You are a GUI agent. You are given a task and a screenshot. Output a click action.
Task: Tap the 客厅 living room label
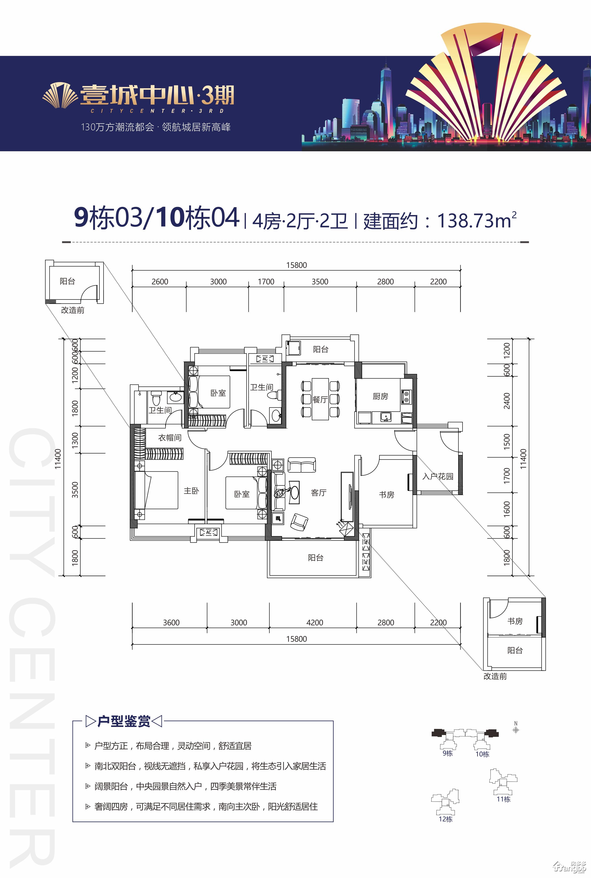[319, 493]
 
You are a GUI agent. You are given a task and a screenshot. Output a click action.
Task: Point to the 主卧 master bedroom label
[191, 491]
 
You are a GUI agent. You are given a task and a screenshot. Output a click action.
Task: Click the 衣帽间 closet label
[170, 437]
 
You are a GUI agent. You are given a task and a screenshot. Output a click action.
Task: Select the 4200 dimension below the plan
[314, 623]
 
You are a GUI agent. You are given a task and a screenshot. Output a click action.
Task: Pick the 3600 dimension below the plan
[171, 623]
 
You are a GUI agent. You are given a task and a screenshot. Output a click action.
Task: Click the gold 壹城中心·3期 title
[157, 95]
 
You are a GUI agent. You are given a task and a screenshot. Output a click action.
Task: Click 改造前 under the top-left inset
[73, 310]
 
